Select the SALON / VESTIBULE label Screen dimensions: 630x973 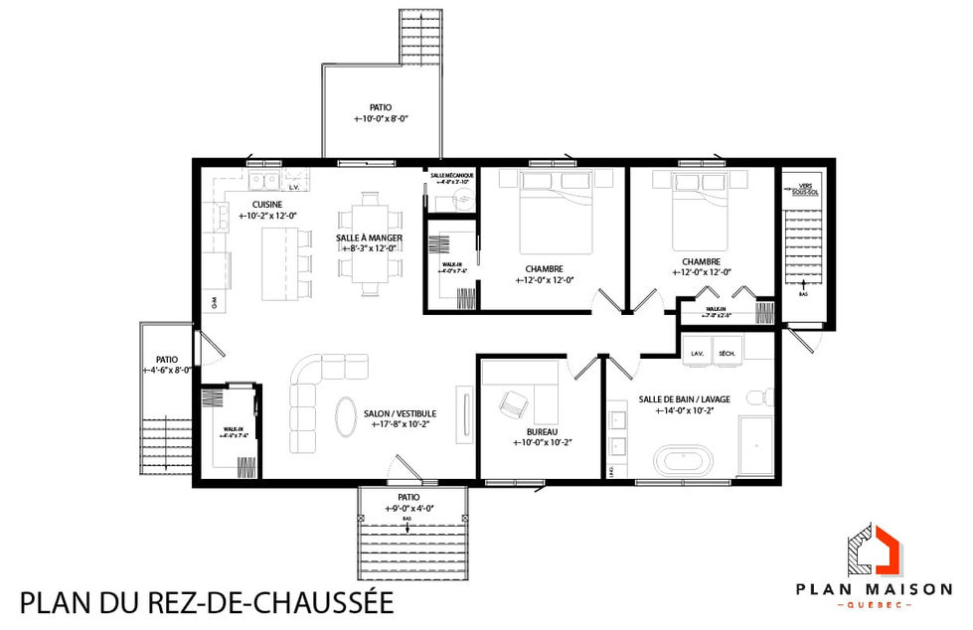[400, 413]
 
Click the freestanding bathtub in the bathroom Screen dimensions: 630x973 [681, 463]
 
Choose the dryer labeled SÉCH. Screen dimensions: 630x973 [727, 353]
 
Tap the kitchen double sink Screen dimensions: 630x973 [263, 180]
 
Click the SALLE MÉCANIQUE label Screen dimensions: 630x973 [452, 175]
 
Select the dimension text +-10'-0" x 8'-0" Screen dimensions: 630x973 [382, 118]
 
